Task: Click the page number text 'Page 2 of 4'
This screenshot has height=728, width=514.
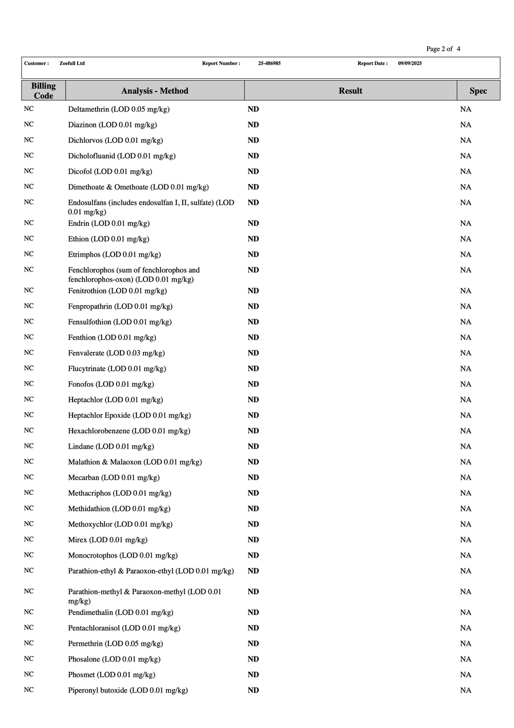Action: point(443,49)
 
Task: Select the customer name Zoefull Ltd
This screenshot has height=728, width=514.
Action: point(72,63)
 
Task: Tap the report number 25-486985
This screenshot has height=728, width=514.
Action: point(269,63)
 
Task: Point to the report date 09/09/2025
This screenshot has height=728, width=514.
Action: point(410,63)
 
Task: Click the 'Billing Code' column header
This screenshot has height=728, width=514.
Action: point(43,91)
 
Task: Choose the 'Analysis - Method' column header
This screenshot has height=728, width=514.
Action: point(155,91)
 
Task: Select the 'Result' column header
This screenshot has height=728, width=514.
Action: point(350,91)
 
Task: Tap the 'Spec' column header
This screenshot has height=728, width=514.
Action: point(478,91)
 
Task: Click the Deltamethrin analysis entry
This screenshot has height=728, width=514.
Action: point(119,109)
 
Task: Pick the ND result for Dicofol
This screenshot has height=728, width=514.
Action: point(253,171)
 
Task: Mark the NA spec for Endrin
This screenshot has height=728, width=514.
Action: point(465,223)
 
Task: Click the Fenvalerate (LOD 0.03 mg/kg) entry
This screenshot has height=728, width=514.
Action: point(117,353)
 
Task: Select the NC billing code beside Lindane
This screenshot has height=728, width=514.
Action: point(29,446)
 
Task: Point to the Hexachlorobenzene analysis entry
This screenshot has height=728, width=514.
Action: point(129,431)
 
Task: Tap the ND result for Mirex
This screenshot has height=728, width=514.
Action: point(253,540)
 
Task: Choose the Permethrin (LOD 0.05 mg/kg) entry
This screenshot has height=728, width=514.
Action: point(115,644)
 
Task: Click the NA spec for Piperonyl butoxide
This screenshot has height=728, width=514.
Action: point(465,690)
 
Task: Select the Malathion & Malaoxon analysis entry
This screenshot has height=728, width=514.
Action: point(135,462)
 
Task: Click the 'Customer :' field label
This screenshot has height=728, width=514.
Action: point(37,63)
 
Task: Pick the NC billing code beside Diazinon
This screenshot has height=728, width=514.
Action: point(29,124)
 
